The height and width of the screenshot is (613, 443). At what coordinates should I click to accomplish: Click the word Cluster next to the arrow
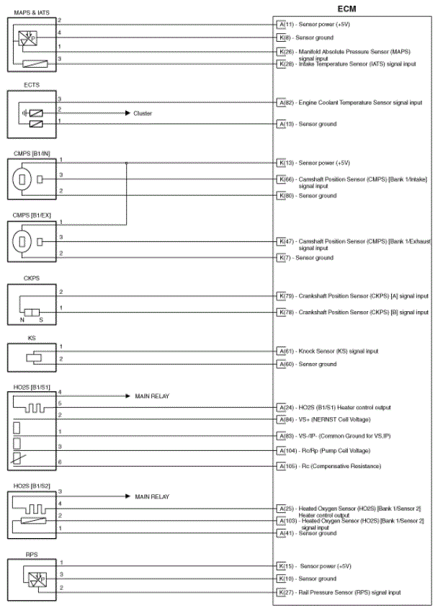[x=143, y=114]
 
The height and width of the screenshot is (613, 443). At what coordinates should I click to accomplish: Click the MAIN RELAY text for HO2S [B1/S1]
[x=152, y=396]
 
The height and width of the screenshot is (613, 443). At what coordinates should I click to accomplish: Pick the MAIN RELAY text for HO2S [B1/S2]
[x=152, y=497]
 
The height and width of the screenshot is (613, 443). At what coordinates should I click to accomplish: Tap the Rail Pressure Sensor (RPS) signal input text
[x=350, y=592]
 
